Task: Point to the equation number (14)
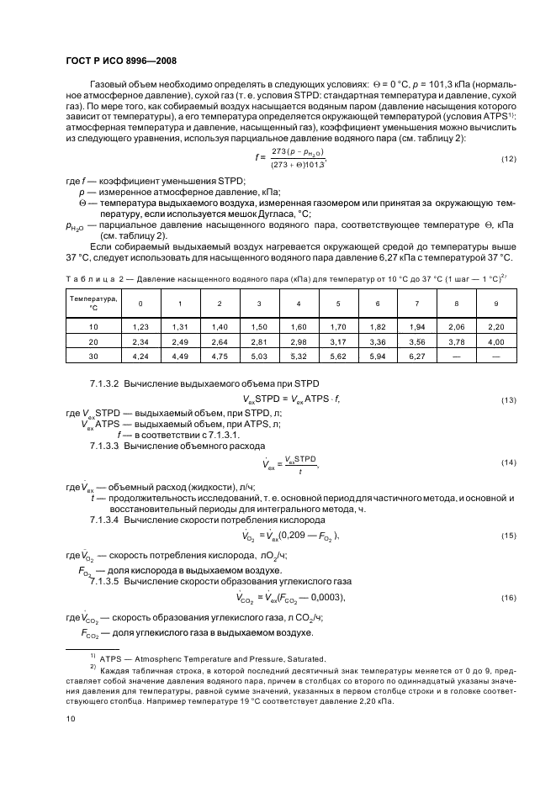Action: coord(508,462)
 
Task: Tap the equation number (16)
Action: coord(508,598)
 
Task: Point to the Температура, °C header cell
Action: coord(93,303)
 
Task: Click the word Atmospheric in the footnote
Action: coord(160,659)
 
